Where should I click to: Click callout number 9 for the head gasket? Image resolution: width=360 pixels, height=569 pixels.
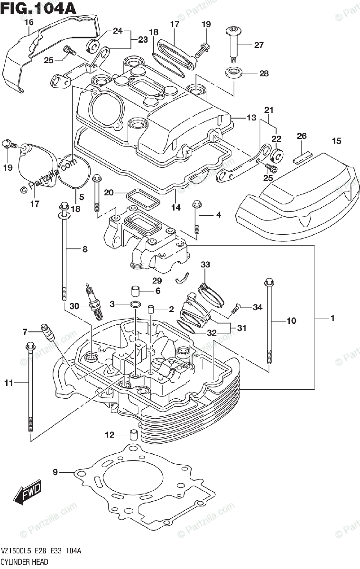pos(55,472)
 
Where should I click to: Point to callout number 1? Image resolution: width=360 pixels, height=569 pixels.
pos(332,319)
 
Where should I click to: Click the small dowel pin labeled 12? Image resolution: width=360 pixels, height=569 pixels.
pos(134,434)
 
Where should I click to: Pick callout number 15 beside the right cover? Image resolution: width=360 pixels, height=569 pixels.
pos(336,141)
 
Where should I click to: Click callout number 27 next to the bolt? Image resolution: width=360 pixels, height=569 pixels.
pos(258,45)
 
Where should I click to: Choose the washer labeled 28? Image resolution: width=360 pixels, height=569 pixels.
pos(233,73)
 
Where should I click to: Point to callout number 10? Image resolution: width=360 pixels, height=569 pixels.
pos(291,321)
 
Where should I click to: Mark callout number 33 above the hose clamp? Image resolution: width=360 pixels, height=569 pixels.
pos(205,264)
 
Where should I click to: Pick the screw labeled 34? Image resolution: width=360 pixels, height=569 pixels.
pos(236,309)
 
